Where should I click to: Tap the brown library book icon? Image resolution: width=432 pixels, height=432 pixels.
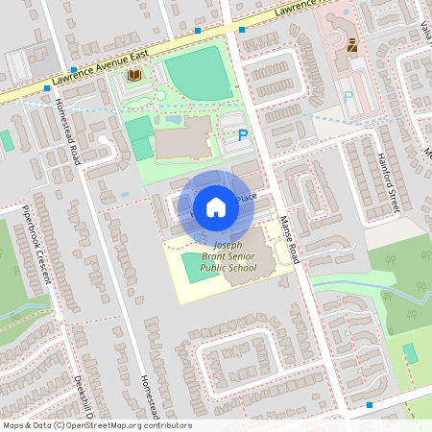point(135,74)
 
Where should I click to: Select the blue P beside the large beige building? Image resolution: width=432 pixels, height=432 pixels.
point(243,136)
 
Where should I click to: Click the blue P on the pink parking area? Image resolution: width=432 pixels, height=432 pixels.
point(348,97)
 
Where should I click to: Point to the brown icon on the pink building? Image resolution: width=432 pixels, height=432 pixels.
point(352,44)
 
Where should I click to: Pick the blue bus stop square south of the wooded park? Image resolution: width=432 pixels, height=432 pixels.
point(369,405)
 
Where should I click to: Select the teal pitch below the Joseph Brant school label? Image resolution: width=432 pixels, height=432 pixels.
point(192,289)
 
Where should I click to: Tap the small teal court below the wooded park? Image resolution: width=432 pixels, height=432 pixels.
point(411,352)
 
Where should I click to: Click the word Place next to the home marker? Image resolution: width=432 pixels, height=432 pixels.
point(247,197)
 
